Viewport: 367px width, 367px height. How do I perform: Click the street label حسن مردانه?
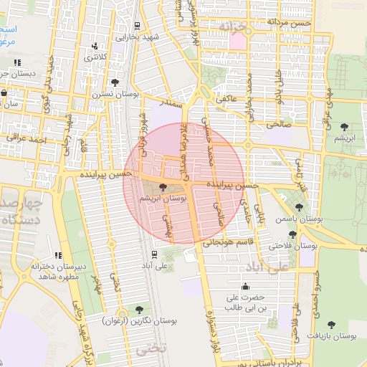pos(289,22)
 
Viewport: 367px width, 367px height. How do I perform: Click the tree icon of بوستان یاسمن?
pos(299,206)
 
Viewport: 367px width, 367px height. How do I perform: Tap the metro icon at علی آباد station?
pos(154,254)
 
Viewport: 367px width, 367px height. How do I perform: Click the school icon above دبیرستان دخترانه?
pos(58,256)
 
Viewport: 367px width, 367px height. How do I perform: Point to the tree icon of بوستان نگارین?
pos(138,310)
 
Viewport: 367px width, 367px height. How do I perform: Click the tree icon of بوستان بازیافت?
pos(330,325)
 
